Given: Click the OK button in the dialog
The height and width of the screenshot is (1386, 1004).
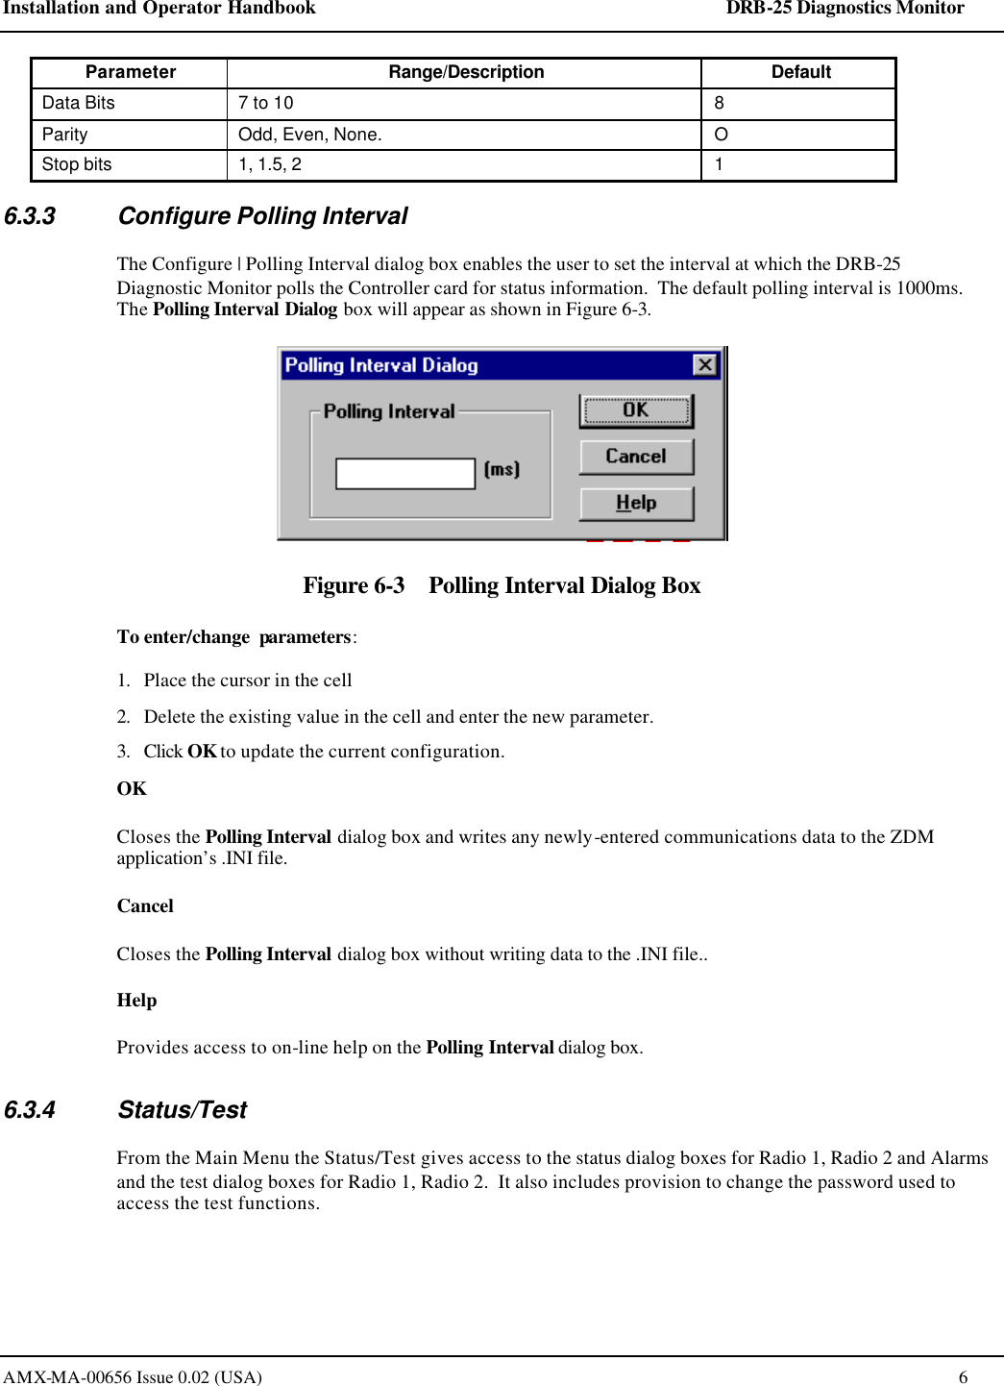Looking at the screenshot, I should pyautogui.click(x=636, y=410).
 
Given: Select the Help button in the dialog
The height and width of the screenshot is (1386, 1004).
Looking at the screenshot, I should pyautogui.click(x=636, y=503).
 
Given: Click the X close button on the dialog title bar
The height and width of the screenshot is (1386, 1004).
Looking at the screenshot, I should pyautogui.click(x=704, y=365).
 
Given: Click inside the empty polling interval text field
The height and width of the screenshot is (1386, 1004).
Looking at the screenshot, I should pyautogui.click(x=404, y=473).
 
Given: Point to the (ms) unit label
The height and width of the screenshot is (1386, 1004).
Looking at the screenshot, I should pyautogui.click(x=502, y=469).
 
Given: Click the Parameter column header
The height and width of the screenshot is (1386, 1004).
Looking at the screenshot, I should pyautogui.click(x=131, y=72).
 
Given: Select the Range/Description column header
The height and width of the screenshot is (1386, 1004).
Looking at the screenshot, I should pyautogui.click(x=466, y=72).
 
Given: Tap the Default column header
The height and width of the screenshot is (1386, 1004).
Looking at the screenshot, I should pyautogui.click(x=800, y=72).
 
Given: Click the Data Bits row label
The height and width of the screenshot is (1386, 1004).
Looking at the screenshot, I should pyautogui.click(x=79, y=103).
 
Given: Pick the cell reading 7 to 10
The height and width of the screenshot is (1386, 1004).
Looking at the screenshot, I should pyautogui.click(x=266, y=103).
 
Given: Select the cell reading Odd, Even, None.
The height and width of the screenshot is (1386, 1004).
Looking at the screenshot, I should pyautogui.click(x=310, y=135).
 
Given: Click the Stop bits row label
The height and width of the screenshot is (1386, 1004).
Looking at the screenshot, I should pyautogui.click(x=77, y=164).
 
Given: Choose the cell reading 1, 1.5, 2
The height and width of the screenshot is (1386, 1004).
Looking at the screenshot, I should pyautogui.click(x=270, y=164).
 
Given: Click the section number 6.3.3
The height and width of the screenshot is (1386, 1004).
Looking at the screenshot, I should pyautogui.click(x=30, y=216).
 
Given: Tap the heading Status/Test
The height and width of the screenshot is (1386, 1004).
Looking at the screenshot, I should pyautogui.click(x=183, y=1110).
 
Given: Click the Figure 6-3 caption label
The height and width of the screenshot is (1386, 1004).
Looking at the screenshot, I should pyautogui.click(x=354, y=585).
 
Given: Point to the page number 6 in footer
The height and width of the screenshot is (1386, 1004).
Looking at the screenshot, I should pyautogui.click(x=963, y=1376).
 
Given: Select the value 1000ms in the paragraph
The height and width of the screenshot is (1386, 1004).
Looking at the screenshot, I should pyautogui.click(x=927, y=288).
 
